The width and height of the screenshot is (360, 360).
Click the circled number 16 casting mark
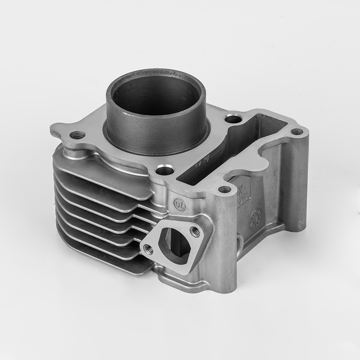[x=179, y=203]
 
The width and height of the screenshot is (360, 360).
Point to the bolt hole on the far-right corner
[x=297, y=132]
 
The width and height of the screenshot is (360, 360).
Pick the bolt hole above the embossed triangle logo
[x=224, y=189]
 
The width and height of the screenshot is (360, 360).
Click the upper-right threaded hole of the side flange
[x=195, y=231]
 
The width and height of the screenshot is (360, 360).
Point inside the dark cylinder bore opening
[x=155, y=97]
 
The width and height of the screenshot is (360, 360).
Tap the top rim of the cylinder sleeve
[x=155, y=73]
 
